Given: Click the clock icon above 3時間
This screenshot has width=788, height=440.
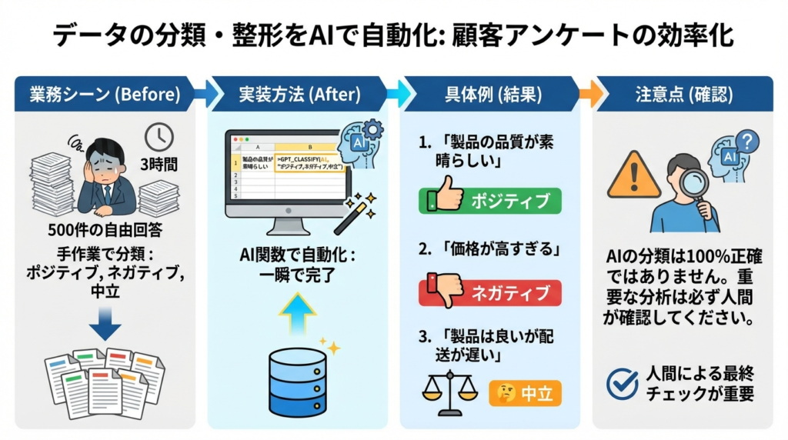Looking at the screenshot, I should (x=159, y=137).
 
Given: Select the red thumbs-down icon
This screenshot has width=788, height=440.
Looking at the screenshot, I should (x=446, y=290).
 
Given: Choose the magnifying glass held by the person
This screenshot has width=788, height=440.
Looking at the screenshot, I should (x=696, y=185).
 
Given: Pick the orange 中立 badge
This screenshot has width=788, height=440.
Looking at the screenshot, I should (x=526, y=393).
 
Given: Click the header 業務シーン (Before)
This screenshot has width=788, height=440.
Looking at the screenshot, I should (x=105, y=94).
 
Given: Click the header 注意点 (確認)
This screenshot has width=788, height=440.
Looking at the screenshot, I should (x=683, y=94).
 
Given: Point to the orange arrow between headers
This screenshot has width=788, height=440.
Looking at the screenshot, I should (x=590, y=94).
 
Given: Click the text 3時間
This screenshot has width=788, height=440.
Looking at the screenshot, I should (x=159, y=165).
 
